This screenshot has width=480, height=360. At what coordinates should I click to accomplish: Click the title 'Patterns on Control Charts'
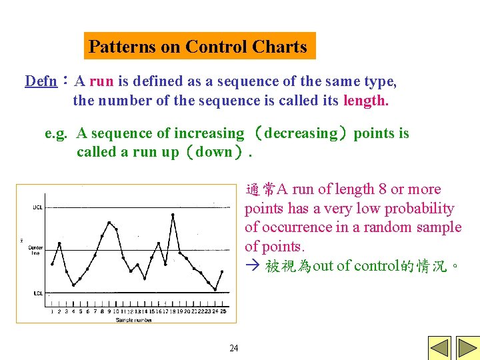click(x=198, y=47)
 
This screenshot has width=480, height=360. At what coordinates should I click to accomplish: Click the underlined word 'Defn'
click(x=41, y=81)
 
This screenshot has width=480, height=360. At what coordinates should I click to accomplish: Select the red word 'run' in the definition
click(x=101, y=81)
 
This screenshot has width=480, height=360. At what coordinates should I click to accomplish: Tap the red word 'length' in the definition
click(x=364, y=101)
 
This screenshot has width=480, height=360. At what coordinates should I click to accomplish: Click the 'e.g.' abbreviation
click(x=55, y=133)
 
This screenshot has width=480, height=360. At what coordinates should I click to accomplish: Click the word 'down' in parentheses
click(x=214, y=152)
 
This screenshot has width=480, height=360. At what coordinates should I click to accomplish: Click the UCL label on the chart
click(x=37, y=207)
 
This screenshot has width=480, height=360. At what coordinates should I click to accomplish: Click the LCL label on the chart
click(x=37, y=293)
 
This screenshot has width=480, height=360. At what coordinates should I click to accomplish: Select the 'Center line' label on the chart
click(x=35, y=250)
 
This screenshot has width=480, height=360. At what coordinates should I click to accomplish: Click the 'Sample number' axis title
click(x=133, y=320)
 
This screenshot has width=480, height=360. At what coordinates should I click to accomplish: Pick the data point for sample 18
click(x=173, y=215)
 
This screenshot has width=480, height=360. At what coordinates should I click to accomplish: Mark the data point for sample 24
click(x=215, y=289)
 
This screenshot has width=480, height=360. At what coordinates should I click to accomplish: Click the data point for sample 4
click(x=73, y=285)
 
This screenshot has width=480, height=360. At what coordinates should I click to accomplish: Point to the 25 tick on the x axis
click(x=223, y=311)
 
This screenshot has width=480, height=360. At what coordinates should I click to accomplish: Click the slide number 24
click(x=234, y=348)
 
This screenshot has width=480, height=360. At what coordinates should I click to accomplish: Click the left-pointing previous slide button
click(x=439, y=349)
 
